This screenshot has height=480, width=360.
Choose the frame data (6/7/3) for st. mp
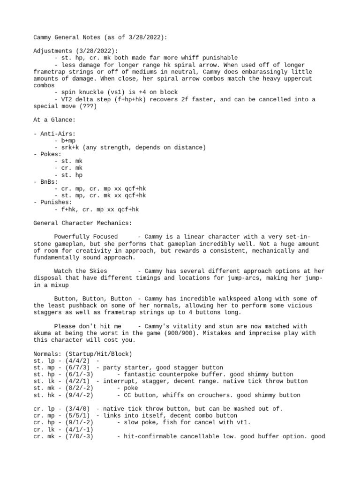click(x=74, y=367)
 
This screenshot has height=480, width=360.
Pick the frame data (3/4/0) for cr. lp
click(x=74, y=409)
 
